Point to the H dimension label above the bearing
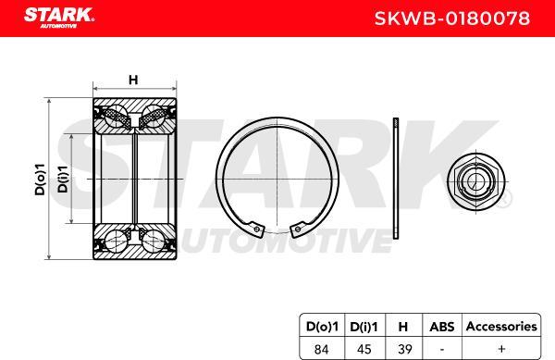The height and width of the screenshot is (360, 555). click(133, 80)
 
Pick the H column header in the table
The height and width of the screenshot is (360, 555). click(403, 326)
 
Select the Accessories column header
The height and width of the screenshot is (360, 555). click(499, 326)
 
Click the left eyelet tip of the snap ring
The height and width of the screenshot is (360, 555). click(254, 225)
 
